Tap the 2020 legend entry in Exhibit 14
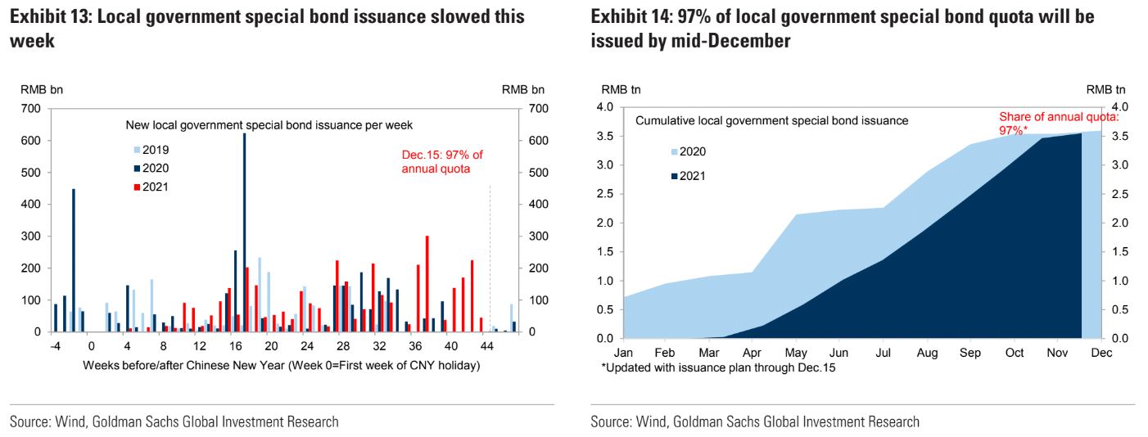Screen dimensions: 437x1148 point(687,151)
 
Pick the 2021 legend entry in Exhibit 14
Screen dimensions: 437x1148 point(687,176)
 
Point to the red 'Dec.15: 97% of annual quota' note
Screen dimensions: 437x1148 point(441,162)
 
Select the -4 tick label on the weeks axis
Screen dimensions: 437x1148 point(55,346)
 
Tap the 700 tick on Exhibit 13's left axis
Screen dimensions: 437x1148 point(30,108)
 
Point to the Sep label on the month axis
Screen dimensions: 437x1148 point(971,353)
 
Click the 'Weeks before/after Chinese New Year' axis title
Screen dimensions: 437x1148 point(281,365)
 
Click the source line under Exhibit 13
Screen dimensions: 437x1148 point(174,422)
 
